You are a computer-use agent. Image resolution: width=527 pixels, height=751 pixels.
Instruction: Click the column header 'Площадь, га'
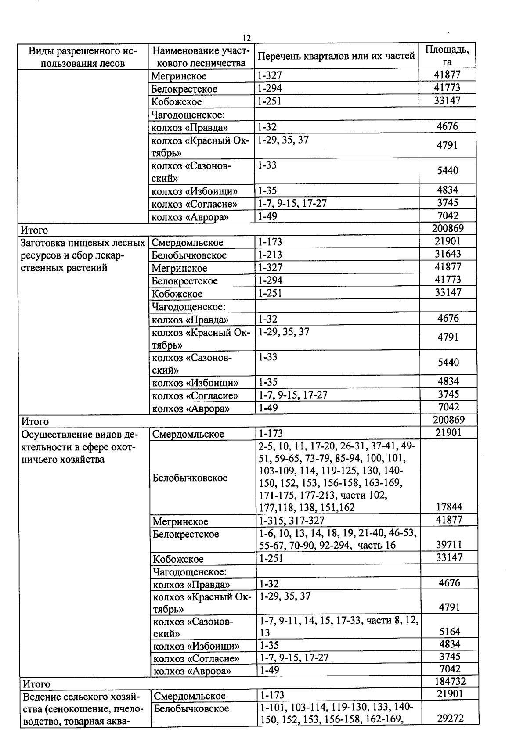pos(447,56)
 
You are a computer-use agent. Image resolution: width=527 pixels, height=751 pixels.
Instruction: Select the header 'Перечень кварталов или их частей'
pos(336,56)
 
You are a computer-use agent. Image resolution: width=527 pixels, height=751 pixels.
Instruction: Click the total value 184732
pos(449,681)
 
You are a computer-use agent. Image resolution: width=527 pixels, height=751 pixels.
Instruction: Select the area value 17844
pos(449,507)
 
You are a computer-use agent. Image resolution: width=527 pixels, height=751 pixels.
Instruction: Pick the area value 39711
pos(449,545)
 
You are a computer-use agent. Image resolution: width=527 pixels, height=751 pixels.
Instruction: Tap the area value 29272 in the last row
pos(450,718)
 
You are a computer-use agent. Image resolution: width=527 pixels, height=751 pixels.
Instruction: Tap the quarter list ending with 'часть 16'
pos(337,539)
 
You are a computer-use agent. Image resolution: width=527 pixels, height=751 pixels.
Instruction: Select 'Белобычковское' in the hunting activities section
pos(190,478)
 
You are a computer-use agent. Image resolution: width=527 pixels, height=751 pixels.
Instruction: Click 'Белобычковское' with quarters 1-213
pos(189,255)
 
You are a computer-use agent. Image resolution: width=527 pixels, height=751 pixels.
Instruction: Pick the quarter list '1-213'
pos(270,255)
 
